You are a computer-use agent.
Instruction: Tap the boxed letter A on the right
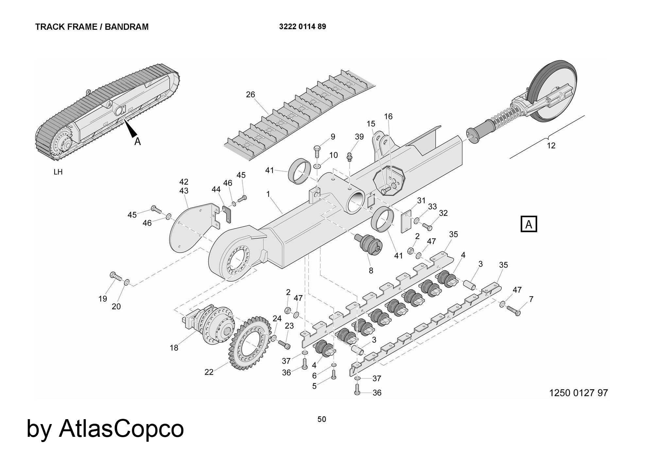pyautogui.click(x=528, y=224)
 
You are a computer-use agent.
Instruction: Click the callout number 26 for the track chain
pyautogui.click(x=250, y=95)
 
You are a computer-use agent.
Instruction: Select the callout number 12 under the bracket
pyautogui.click(x=551, y=146)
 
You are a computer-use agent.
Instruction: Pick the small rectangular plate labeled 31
pyautogui.click(x=406, y=222)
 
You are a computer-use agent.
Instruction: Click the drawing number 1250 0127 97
pyautogui.click(x=578, y=392)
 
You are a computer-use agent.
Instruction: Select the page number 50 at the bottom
pyautogui.click(x=321, y=419)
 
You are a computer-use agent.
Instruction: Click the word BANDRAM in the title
pyautogui.click(x=127, y=27)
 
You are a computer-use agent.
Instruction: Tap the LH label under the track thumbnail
pyautogui.click(x=58, y=172)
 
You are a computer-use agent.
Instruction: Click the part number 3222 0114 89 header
pyautogui.click(x=302, y=27)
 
